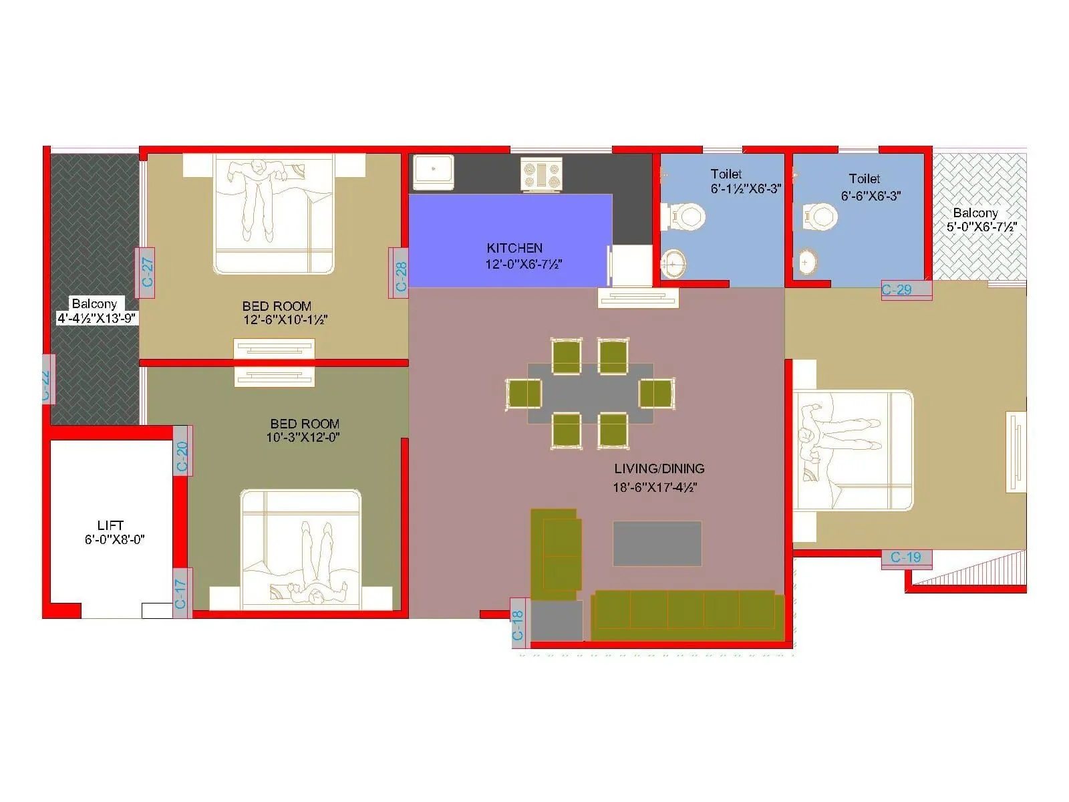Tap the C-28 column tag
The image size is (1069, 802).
(x=399, y=273)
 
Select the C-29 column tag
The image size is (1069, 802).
(x=905, y=290)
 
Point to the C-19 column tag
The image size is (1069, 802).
(x=907, y=558)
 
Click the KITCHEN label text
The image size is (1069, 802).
(x=514, y=248)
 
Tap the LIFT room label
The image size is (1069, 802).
(x=110, y=525)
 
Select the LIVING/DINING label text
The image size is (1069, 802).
(x=659, y=469)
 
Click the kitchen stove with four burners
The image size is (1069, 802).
(x=541, y=174)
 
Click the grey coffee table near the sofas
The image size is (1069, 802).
(x=657, y=543)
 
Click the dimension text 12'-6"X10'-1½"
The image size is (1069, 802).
(x=285, y=320)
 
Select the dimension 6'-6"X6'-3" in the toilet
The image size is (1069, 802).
(x=871, y=196)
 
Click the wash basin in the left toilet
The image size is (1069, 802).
(x=673, y=263)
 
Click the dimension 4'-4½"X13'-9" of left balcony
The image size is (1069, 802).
(x=98, y=319)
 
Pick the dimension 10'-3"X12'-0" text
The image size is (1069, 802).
(x=303, y=438)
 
